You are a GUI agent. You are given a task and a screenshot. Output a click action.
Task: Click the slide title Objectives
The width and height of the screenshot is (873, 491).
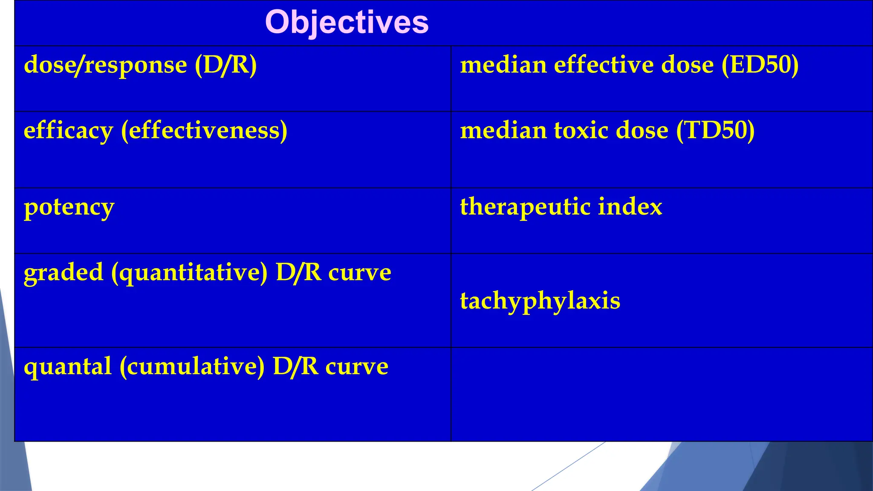point(347,22)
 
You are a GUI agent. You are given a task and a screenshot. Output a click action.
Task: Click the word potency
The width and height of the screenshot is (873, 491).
point(69,208)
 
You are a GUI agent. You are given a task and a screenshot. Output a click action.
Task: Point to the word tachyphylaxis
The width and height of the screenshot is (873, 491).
point(540,301)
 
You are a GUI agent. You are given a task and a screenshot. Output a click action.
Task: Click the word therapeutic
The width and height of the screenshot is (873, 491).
point(525,207)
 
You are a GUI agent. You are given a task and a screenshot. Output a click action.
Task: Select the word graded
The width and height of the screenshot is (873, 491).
point(64,273)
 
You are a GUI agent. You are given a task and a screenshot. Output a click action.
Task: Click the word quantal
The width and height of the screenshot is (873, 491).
point(68,367)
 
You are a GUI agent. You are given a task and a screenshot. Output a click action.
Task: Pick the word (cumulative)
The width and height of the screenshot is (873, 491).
point(192,367)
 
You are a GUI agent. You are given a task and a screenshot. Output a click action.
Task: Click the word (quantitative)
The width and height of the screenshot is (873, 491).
point(189,273)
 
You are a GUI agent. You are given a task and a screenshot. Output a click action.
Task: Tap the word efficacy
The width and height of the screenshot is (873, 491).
point(68,131)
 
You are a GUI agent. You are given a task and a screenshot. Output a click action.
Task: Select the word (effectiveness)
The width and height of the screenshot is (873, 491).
point(204,131)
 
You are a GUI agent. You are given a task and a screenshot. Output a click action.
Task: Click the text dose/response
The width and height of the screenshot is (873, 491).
point(105,65)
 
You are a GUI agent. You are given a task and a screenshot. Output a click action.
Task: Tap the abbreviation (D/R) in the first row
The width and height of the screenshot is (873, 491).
point(226,65)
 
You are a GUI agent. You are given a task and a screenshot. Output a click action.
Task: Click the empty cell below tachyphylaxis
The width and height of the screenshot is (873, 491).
point(661,394)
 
